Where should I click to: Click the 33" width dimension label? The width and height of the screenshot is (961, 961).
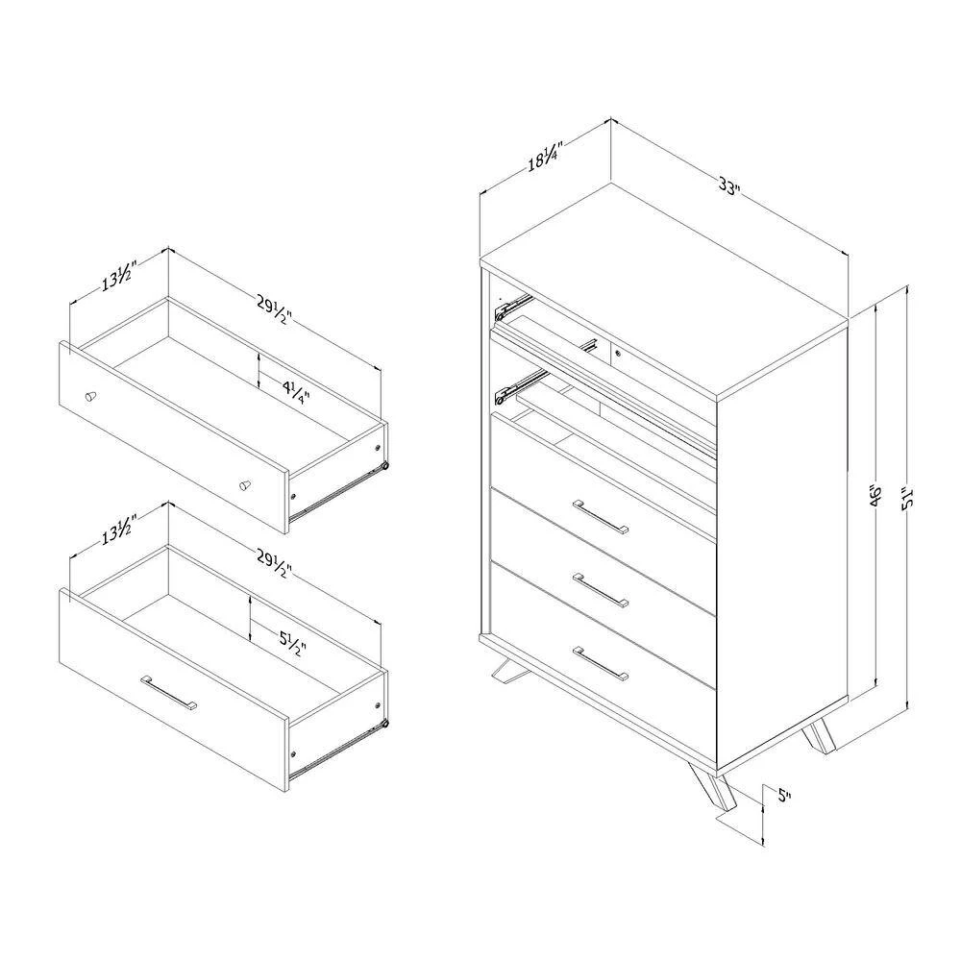point(729,186)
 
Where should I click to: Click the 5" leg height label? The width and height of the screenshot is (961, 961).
point(784,796)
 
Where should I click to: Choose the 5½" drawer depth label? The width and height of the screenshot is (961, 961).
point(292,642)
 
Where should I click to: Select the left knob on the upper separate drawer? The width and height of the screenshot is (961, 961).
point(90,396)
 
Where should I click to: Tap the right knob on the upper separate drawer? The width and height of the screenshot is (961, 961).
point(244,485)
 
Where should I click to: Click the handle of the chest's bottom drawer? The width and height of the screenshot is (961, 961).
point(601,663)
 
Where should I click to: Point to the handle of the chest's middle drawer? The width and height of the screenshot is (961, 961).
point(601,590)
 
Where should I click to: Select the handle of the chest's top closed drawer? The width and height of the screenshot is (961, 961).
point(601,518)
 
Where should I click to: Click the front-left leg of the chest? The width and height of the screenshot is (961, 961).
point(509,668)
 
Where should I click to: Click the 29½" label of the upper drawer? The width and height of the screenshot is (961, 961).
point(273,310)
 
